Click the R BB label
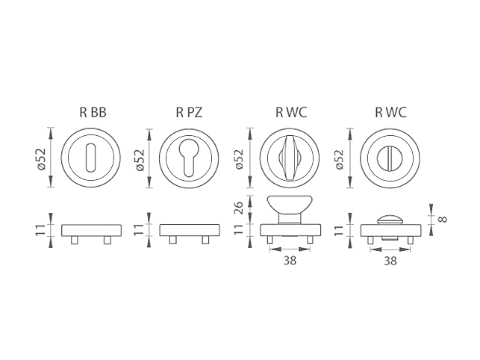(93, 113)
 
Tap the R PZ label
(190, 113)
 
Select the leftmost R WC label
(291, 113)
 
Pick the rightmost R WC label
(390, 113)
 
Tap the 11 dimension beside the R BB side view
(43, 229)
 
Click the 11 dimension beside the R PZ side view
(140, 229)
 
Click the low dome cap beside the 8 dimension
(390, 219)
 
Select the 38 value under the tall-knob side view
(290, 261)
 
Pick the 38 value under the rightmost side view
(390, 261)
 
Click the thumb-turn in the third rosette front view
(290, 158)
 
